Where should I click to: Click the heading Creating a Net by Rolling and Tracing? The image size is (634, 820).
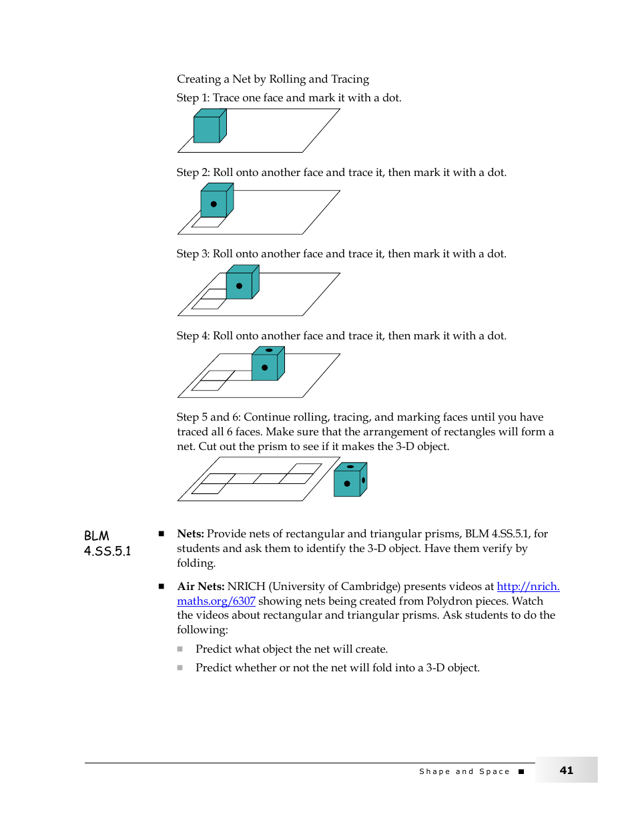[272, 79]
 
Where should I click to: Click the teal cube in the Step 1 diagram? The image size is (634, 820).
[207, 129]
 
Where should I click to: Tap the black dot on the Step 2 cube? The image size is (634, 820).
[214, 204]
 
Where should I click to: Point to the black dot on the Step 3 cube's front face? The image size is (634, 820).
[239, 286]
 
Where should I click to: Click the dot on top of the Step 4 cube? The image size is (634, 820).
[269, 350]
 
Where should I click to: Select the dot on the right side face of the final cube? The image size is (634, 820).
[364, 480]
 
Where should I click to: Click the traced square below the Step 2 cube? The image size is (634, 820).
[208, 222]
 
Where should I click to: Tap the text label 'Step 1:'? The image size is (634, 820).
[193, 98]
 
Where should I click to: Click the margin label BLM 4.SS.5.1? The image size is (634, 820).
[107, 543]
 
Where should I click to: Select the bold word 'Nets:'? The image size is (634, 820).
[190, 534]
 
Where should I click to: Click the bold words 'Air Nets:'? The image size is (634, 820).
[200, 587]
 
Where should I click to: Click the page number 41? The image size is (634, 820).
[566, 770]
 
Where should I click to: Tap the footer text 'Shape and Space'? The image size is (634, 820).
[464, 771]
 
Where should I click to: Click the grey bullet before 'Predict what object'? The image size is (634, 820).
[180, 649]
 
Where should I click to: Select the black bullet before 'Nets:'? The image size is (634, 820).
[161, 533]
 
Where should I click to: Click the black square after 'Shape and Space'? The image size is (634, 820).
[521, 771]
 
